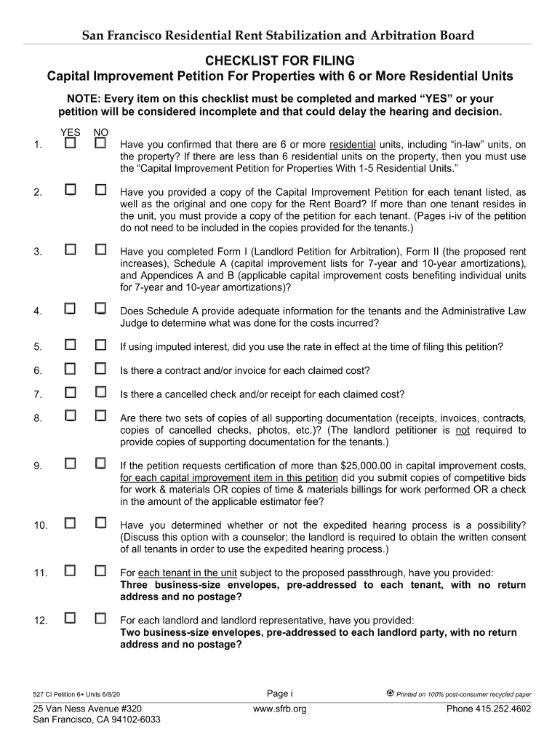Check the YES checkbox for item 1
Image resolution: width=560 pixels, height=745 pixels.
[71, 144]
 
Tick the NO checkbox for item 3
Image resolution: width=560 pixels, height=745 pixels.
[101, 250]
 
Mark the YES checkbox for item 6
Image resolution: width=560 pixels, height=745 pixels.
[71, 369]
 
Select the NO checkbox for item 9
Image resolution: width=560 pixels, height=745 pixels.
[101, 463]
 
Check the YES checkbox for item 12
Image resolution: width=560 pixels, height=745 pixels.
[71, 618]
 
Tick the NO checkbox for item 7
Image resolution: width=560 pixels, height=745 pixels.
[101, 393]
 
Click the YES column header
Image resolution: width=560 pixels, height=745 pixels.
[70, 132]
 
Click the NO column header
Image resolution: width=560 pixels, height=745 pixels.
[101, 132]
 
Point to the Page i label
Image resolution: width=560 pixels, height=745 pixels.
[280, 693]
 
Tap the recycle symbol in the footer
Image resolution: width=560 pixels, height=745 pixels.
[390, 693]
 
